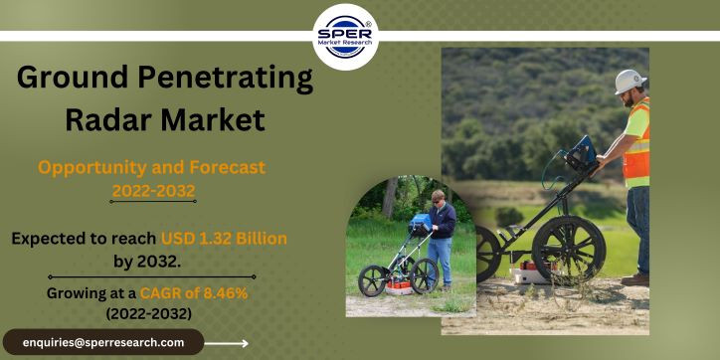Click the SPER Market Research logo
click(x=345, y=37)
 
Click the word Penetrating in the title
click(x=226, y=78)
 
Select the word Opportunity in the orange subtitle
click(x=91, y=168)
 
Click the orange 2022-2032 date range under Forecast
click(x=153, y=191)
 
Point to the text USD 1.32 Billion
click(x=224, y=239)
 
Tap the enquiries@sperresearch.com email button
click(x=103, y=342)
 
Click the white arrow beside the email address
click(x=227, y=343)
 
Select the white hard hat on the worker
click(x=630, y=82)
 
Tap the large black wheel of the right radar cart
click(x=569, y=250)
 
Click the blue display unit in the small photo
click(x=420, y=225)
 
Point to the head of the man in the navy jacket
click(x=438, y=196)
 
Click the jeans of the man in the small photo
click(x=440, y=261)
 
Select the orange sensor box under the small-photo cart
click(x=399, y=285)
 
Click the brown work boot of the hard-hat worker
click(x=635, y=279)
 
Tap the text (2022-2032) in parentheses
click(x=149, y=314)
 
